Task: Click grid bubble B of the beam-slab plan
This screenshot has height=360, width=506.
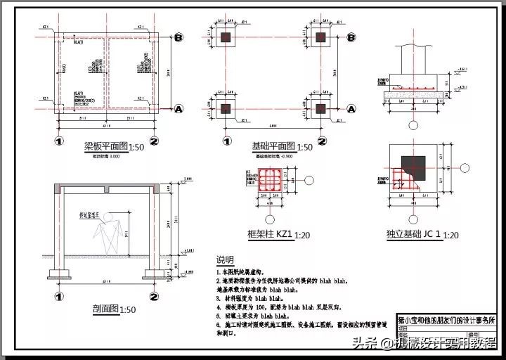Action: [179, 37]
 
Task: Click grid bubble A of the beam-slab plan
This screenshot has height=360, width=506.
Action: [179, 109]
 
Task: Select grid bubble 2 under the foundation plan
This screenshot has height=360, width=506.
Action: [321, 141]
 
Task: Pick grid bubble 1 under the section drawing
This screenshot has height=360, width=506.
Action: [60, 296]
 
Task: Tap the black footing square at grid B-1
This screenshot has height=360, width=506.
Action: [225, 37]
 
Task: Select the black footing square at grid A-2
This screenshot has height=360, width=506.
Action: [321, 109]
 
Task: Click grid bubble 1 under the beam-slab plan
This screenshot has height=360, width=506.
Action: [60, 141]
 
